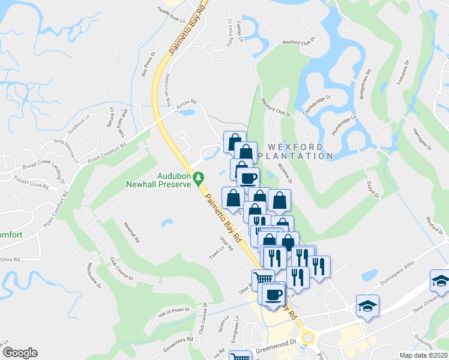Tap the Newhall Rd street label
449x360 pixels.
(132, 232)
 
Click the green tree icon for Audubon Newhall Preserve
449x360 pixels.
(202, 178)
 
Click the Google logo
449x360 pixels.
(20, 353)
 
